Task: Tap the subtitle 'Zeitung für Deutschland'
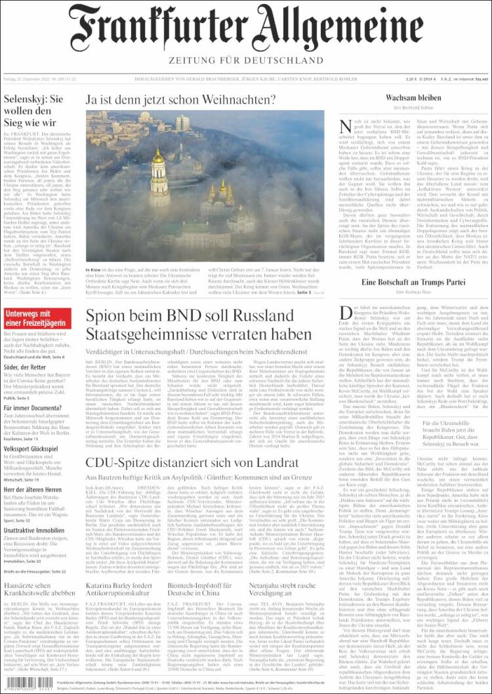pos(246,60)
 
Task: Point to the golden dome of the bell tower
pos(158,157)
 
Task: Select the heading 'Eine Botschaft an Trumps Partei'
pos(413,282)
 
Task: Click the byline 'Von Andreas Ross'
pos(413,292)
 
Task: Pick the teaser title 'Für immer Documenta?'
pos(33,407)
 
